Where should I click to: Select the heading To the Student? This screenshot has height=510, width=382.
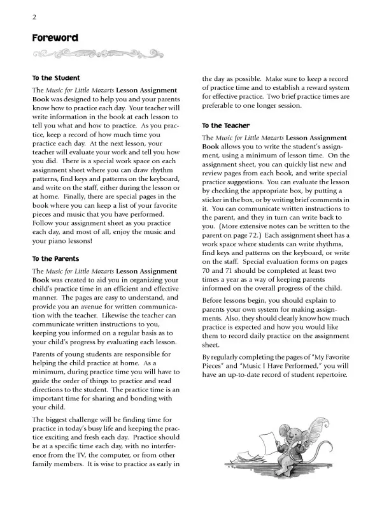pos(56,78)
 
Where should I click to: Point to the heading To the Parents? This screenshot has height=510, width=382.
pos(55,259)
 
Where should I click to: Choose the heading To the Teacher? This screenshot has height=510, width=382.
pos(226,126)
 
